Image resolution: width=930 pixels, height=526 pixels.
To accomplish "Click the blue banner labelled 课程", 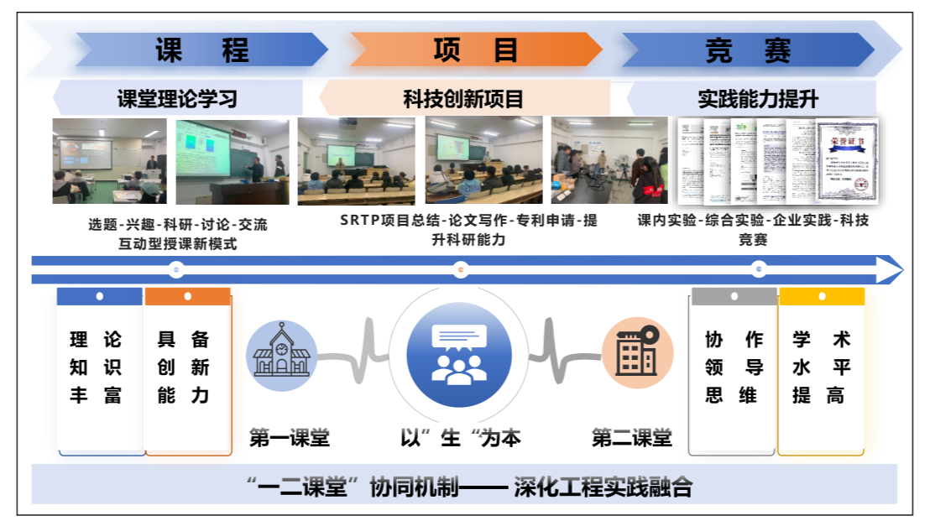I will [x=201, y=50].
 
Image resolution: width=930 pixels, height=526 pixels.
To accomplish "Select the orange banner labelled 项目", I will [x=475, y=50].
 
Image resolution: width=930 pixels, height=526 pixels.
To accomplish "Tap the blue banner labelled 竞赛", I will [x=748, y=50].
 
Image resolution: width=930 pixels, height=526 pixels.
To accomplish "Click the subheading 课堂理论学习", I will [x=177, y=99].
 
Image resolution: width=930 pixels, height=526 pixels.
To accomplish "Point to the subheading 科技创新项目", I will [x=463, y=99].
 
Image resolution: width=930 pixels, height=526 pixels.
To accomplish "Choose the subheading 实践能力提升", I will [x=757, y=99].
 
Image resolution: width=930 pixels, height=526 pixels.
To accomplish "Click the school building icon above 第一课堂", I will [x=281, y=355].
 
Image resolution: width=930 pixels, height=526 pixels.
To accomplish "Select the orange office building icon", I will [x=638, y=352].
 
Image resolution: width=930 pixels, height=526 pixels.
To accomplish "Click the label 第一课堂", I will [x=290, y=438].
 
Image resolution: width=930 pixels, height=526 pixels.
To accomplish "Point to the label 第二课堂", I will [x=632, y=438].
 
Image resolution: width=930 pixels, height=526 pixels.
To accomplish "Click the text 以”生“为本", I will [x=460, y=438].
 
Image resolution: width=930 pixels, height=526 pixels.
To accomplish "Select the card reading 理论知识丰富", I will [x=99, y=369].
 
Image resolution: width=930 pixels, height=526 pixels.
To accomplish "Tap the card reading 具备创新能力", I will [x=187, y=369].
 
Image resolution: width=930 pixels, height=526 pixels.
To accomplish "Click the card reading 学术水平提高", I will [x=822, y=369].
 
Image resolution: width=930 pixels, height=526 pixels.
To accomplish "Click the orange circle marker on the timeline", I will [x=460, y=270].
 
